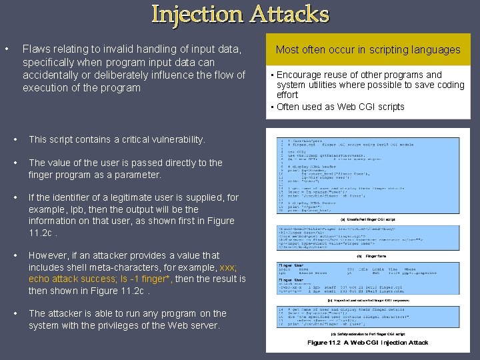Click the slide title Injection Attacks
(240, 14)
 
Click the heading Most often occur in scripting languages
(368, 49)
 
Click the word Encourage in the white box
(301, 75)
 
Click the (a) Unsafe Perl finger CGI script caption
(367, 219)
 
